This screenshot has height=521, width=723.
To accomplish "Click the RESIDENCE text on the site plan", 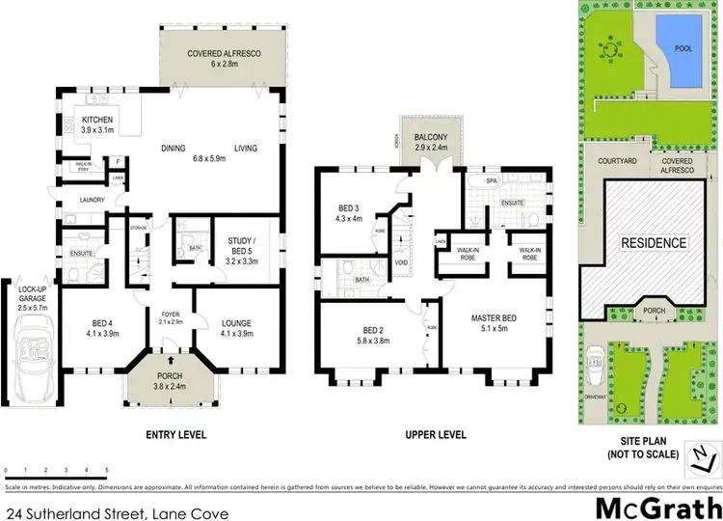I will click(653, 243).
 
